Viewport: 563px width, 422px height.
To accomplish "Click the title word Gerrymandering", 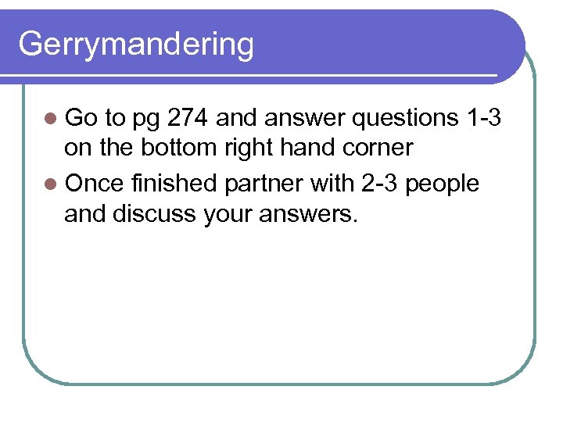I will point(136,45).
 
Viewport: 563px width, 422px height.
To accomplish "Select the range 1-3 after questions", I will point(482,118).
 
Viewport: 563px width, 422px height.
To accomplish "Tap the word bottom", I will point(178,148).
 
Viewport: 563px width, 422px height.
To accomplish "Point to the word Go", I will point(81,118).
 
